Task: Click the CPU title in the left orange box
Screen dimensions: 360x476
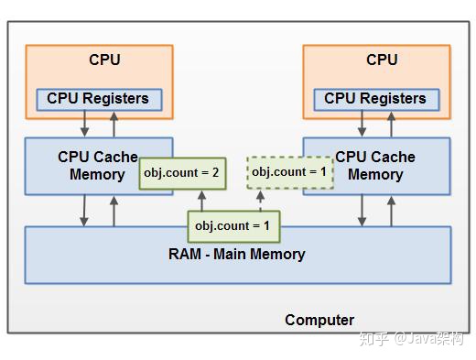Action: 104,60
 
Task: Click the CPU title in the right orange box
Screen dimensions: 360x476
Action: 382,60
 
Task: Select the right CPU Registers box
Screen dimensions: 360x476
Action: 374,98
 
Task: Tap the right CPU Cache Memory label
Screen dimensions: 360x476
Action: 375,166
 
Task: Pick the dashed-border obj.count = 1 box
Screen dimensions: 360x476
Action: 290,171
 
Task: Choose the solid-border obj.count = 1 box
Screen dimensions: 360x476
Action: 233,224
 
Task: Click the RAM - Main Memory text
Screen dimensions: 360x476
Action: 238,254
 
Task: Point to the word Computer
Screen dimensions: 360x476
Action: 319,320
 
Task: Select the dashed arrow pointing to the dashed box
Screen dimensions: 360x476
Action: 259,200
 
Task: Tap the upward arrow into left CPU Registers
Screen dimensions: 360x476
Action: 114,124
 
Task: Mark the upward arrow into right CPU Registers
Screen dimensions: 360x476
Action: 392,124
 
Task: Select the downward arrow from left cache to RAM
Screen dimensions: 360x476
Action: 84,210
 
